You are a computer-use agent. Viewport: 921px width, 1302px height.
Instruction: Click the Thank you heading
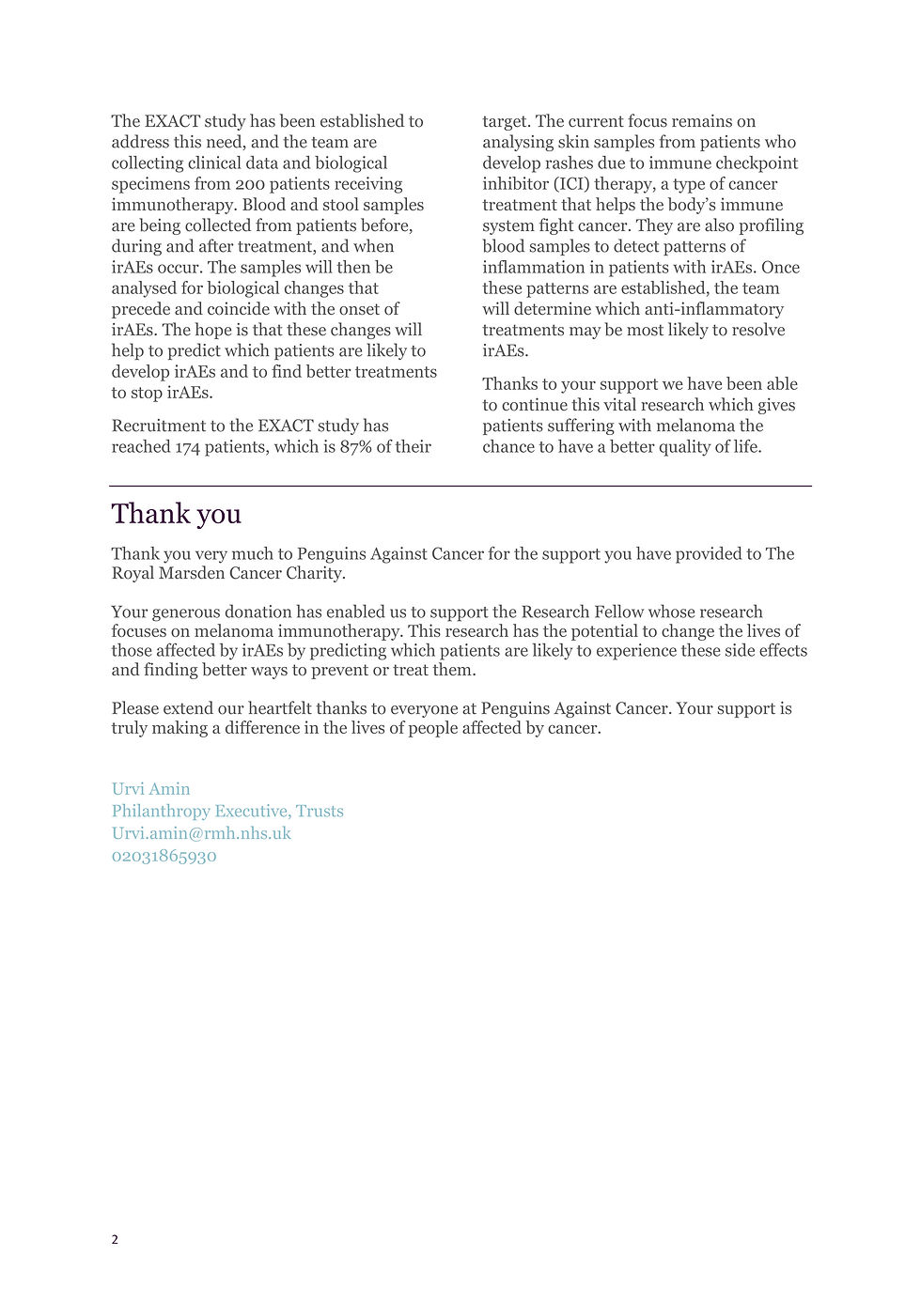click(x=176, y=514)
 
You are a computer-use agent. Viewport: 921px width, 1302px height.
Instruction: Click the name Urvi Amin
click(x=150, y=789)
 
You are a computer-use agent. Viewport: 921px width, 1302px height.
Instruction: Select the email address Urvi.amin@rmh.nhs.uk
click(x=201, y=833)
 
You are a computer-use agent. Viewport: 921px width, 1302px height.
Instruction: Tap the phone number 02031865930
click(x=164, y=856)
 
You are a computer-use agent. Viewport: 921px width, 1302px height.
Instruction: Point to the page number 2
click(x=115, y=1239)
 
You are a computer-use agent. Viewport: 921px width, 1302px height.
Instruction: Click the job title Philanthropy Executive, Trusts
click(x=227, y=811)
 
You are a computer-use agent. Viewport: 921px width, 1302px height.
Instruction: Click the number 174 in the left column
click(x=187, y=447)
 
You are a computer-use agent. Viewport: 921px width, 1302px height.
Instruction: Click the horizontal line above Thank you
click(x=460, y=486)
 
